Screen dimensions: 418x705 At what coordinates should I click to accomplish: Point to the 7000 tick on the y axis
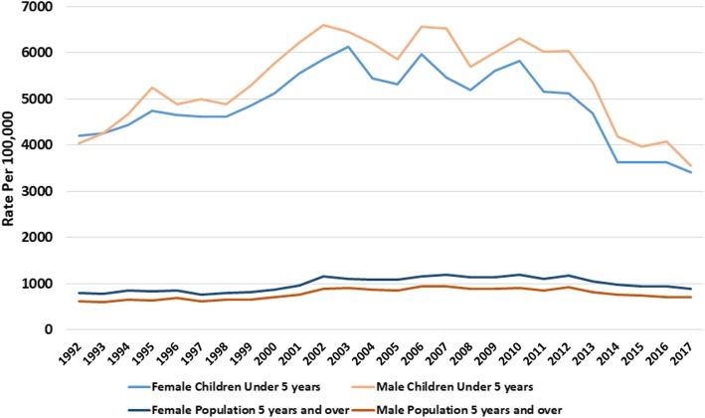(35, 7)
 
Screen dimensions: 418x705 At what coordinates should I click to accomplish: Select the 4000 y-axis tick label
(35, 145)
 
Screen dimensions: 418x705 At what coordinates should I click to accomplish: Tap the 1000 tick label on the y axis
(35, 284)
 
